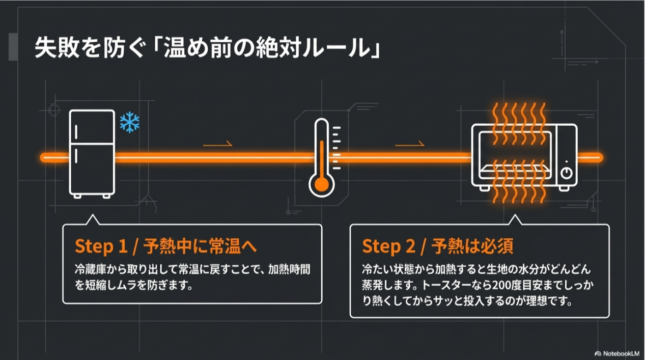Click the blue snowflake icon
point(129,123)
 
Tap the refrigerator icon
point(92,153)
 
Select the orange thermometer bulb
point(321,185)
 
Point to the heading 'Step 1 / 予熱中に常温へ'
point(165,246)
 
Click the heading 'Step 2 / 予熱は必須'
point(437,246)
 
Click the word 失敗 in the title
point(50,50)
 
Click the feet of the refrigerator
point(92,196)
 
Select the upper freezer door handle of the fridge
point(76,131)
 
